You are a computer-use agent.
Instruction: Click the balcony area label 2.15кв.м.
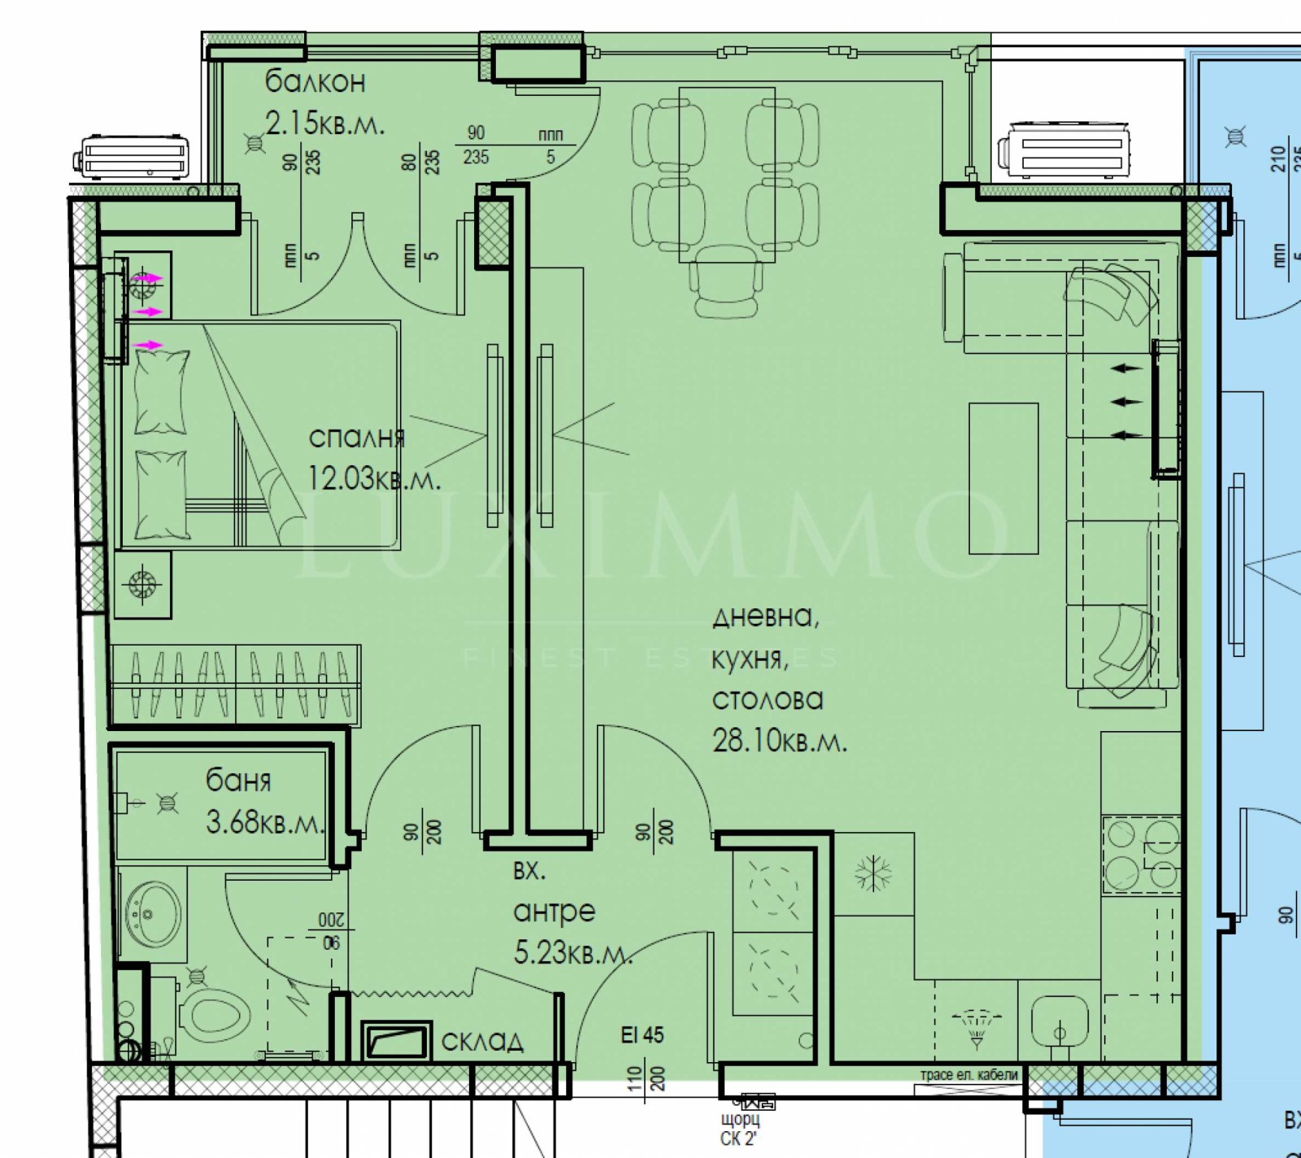pyautogui.click(x=324, y=124)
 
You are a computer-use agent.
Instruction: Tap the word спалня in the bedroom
pyautogui.click(x=356, y=438)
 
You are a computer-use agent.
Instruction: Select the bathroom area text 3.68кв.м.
pyautogui.click(x=265, y=822)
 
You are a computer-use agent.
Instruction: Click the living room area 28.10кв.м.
pyautogui.click(x=779, y=741)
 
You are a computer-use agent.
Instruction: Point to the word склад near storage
pyautogui.click(x=482, y=1042)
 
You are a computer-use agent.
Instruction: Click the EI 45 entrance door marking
pyautogui.click(x=642, y=1035)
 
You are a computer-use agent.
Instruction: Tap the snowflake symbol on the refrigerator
pyautogui.click(x=872, y=873)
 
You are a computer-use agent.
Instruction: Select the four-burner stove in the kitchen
pyautogui.click(x=1141, y=855)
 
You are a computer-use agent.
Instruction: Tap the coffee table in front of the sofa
pyautogui.click(x=1003, y=478)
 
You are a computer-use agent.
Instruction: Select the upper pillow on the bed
pyautogui.click(x=161, y=392)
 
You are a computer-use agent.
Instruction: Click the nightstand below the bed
pyautogui.click(x=142, y=584)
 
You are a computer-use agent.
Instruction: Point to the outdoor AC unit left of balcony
pyautogui.click(x=135, y=157)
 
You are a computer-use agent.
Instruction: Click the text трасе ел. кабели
pyautogui.click(x=968, y=1074)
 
